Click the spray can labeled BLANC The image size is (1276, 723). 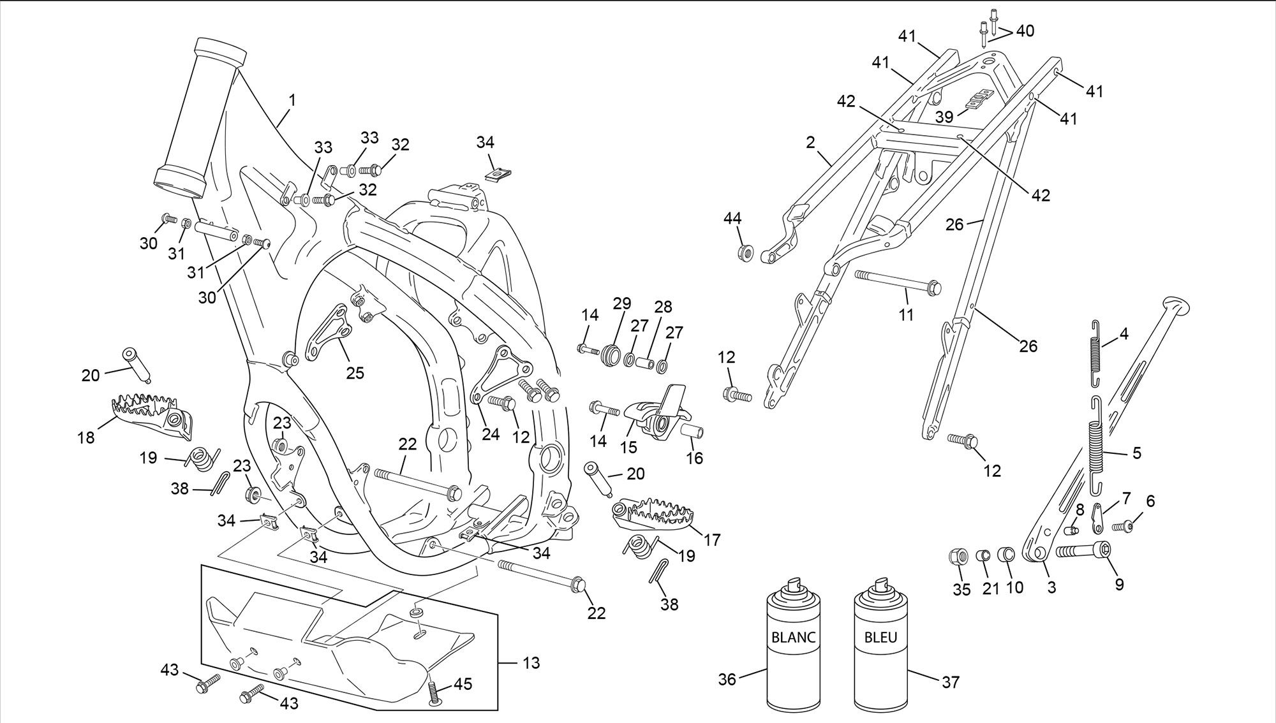793,644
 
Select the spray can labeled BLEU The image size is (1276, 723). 880,644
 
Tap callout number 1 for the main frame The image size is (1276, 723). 292,100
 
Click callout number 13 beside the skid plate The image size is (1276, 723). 531,663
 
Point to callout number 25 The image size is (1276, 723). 355,372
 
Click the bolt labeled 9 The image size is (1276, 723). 1083,550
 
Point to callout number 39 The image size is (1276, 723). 944,117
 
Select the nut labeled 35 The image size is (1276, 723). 958,556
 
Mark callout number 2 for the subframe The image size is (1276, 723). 810,143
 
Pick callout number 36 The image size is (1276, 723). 727,680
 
